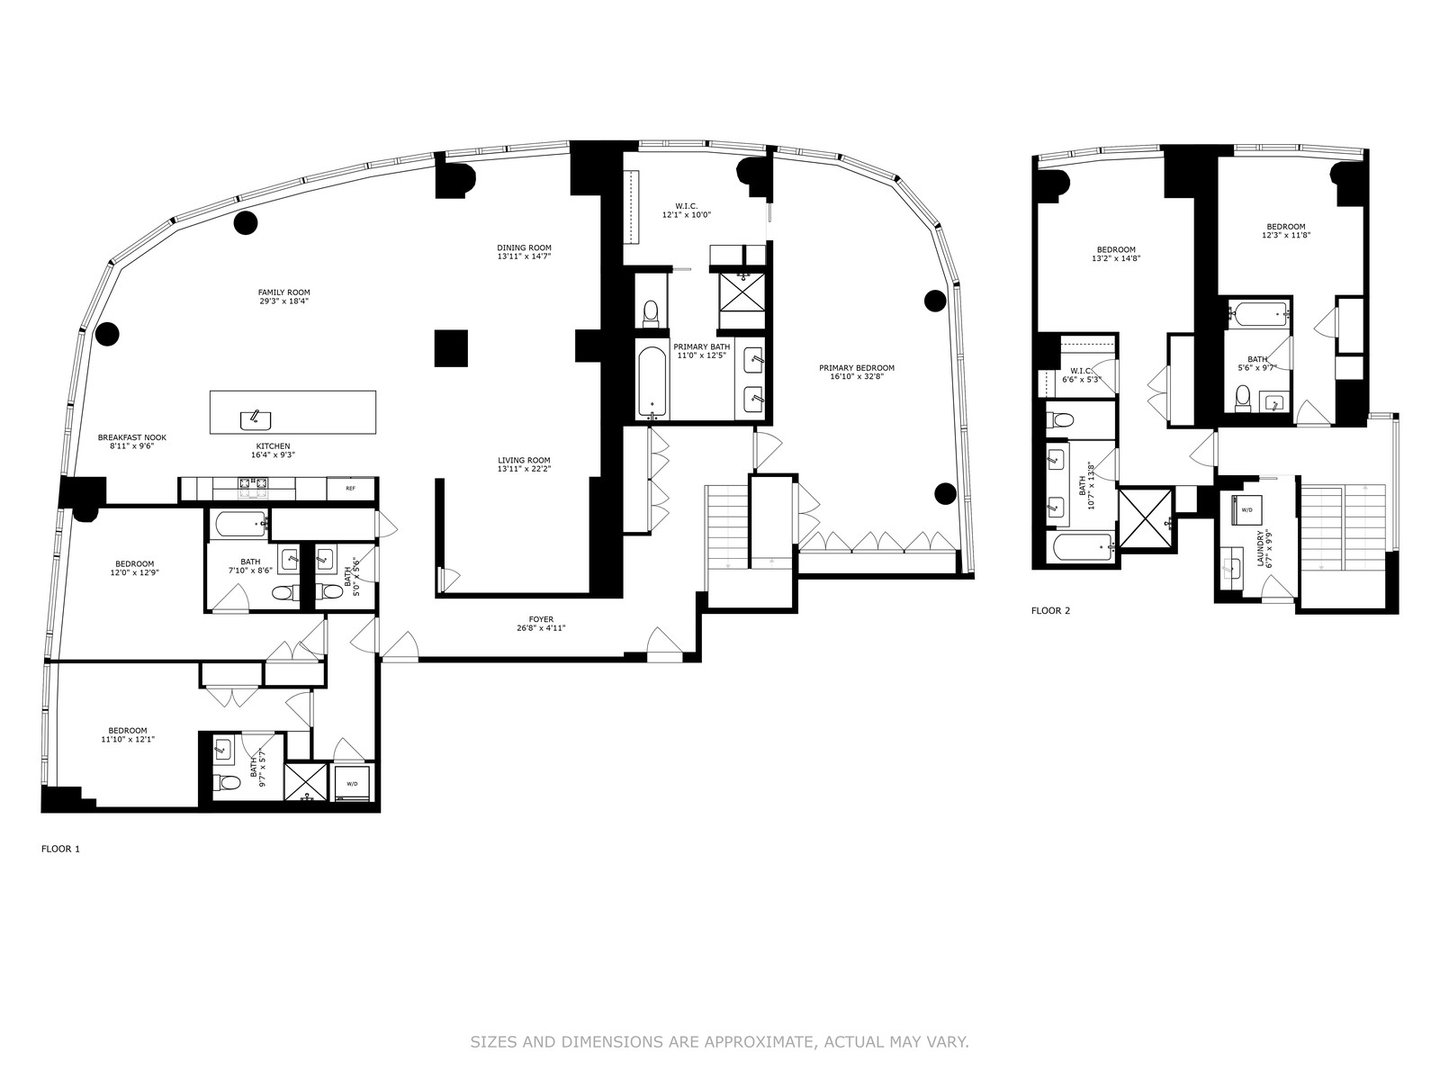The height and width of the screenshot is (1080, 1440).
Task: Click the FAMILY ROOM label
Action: coord(284,292)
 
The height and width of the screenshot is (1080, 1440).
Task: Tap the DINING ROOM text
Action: coord(524,247)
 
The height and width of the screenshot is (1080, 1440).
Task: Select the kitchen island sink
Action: coord(256,418)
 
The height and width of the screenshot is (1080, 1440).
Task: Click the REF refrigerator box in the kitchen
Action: coord(351,488)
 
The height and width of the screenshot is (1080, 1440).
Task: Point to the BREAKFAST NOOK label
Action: coord(132,437)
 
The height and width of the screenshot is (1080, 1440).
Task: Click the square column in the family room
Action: coord(451,347)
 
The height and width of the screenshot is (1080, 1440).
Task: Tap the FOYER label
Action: coord(541,619)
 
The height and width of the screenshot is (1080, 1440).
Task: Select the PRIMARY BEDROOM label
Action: coord(857,368)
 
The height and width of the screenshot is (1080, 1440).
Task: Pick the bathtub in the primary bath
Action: coord(653,383)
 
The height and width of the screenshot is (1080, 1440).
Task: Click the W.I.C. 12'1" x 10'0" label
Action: coord(686,210)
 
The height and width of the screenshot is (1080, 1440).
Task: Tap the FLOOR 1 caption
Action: coord(60,849)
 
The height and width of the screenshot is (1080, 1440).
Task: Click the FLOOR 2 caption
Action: coord(1050,610)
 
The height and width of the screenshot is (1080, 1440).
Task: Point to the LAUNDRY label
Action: coord(1260,548)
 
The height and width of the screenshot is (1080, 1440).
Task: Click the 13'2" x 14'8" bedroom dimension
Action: coord(1116,258)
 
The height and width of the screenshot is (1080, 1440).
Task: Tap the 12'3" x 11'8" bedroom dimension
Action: coord(1286,235)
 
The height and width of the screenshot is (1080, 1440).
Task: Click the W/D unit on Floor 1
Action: coord(352,783)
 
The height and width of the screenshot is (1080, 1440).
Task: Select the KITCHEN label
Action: coord(273,446)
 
